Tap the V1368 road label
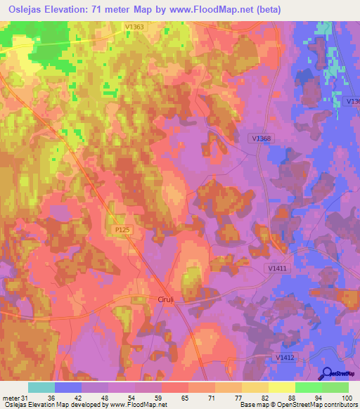(260, 139)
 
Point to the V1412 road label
(285, 358)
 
